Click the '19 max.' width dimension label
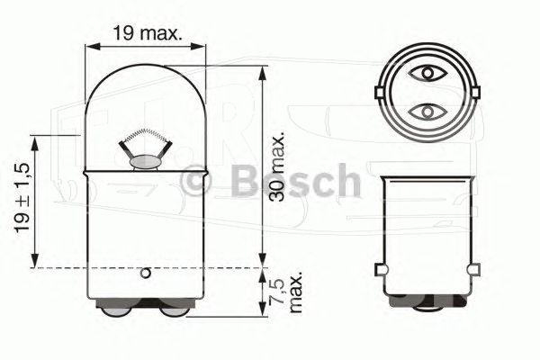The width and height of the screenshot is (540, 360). click(x=148, y=34)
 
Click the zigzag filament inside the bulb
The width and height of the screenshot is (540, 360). click(x=145, y=138)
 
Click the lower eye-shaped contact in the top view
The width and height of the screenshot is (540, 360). click(x=424, y=111)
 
